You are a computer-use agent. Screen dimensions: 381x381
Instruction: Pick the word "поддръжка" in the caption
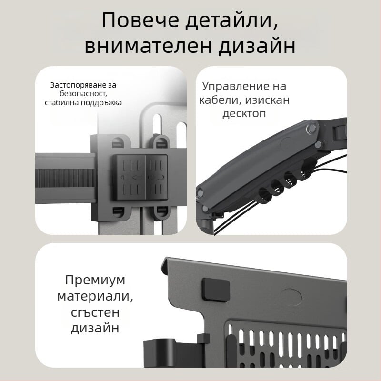coord(102,102)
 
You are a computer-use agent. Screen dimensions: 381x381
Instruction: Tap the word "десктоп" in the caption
coord(244,114)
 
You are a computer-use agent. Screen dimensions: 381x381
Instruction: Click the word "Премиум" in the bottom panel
coord(95,280)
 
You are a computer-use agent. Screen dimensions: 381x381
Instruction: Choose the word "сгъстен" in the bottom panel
coord(95,312)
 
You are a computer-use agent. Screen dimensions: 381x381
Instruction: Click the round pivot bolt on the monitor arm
coord(311,128)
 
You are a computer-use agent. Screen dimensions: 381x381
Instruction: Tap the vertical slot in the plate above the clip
coord(156,121)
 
